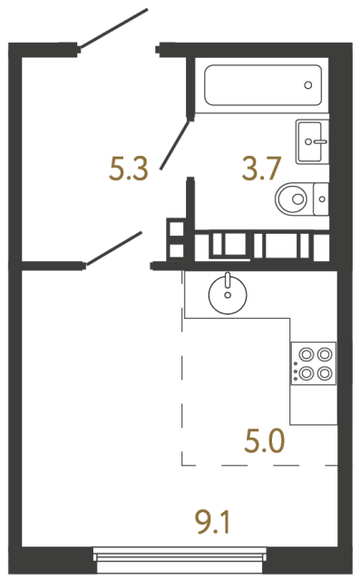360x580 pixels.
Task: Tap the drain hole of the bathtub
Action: [308, 85]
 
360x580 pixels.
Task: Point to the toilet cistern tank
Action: [322, 197]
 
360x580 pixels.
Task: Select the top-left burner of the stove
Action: [306, 355]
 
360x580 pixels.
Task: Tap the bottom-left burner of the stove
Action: [306, 372]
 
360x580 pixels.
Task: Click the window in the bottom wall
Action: [180, 556]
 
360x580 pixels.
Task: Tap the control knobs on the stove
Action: [294, 364]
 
